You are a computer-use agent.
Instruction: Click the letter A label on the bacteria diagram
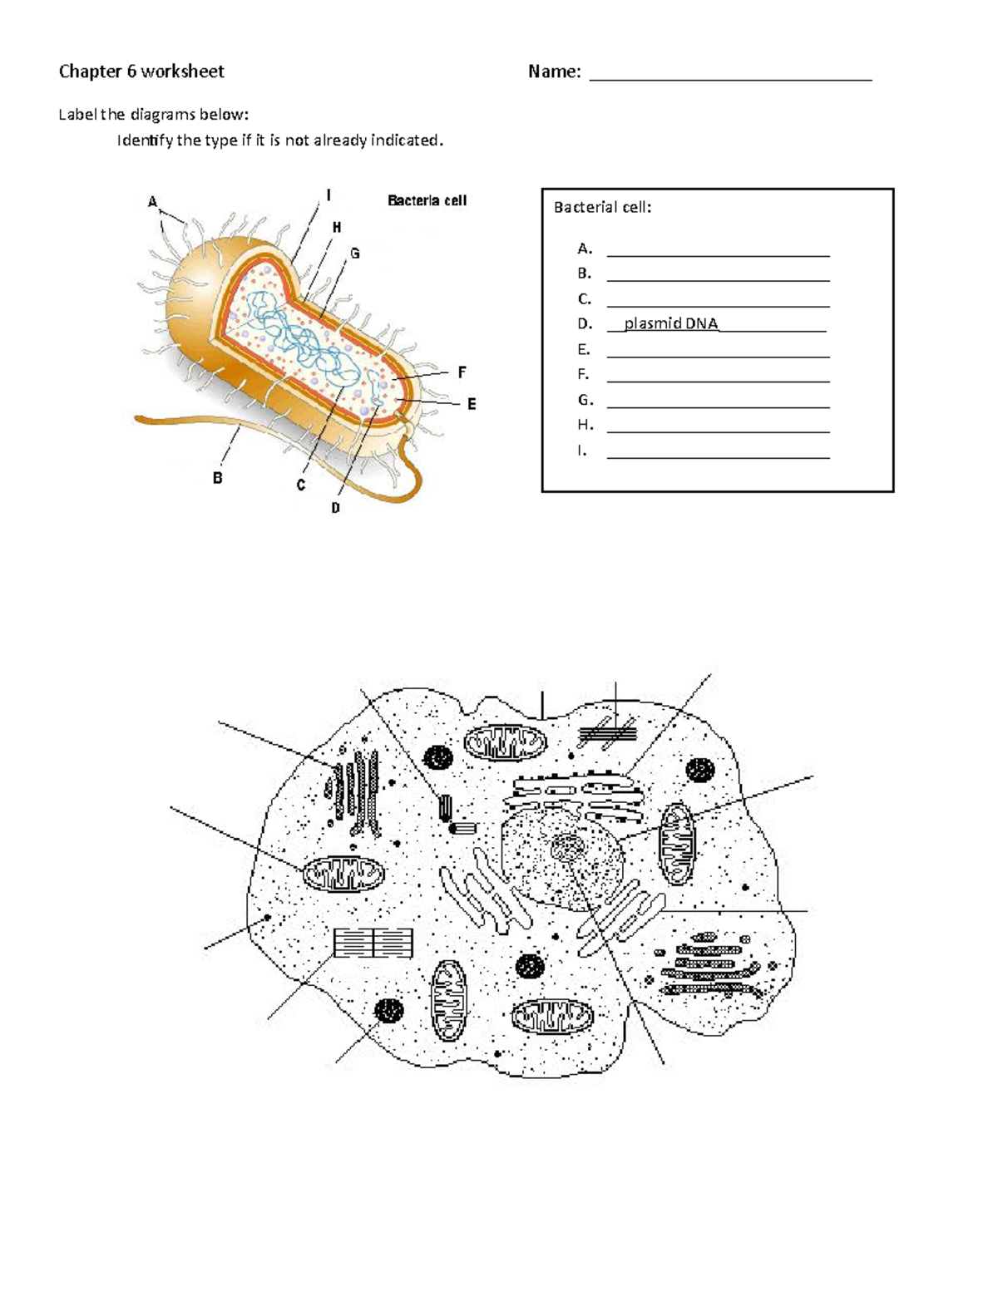(x=152, y=201)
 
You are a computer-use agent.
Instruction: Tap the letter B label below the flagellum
(x=217, y=478)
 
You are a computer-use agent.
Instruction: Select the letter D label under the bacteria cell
(x=335, y=507)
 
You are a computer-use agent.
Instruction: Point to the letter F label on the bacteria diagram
(x=462, y=372)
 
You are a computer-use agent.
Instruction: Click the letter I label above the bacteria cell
(x=329, y=195)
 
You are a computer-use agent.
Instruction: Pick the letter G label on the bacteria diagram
(x=354, y=254)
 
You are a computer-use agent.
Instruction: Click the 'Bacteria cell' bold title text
(x=427, y=200)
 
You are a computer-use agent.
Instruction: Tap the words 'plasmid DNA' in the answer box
(x=670, y=323)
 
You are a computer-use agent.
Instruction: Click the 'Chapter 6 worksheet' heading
(x=141, y=71)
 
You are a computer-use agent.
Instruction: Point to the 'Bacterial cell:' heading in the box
(x=602, y=207)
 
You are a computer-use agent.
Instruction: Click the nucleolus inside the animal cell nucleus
(x=568, y=848)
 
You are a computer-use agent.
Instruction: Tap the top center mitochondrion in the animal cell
(x=504, y=742)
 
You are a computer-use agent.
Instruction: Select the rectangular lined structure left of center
(x=373, y=943)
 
